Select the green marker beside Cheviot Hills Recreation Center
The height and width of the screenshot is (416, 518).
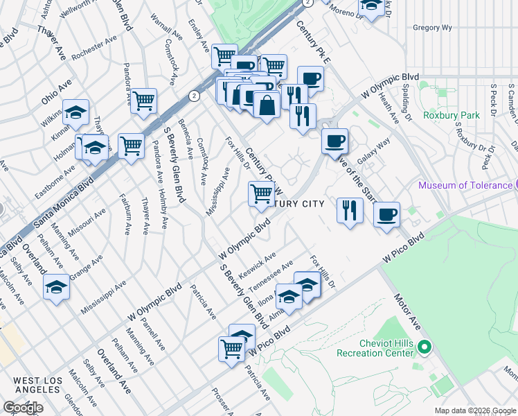[x=426, y=347]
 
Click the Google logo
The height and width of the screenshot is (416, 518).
[x=23, y=408]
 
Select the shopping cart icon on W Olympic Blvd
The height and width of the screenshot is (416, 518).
[x=260, y=193]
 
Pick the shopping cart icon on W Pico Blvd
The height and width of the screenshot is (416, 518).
[x=231, y=348]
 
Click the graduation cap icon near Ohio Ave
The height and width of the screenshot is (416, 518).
[x=75, y=111]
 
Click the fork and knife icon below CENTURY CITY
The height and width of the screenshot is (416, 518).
[x=350, y=210]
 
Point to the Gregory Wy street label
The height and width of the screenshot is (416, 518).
[x=432, y=28]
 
